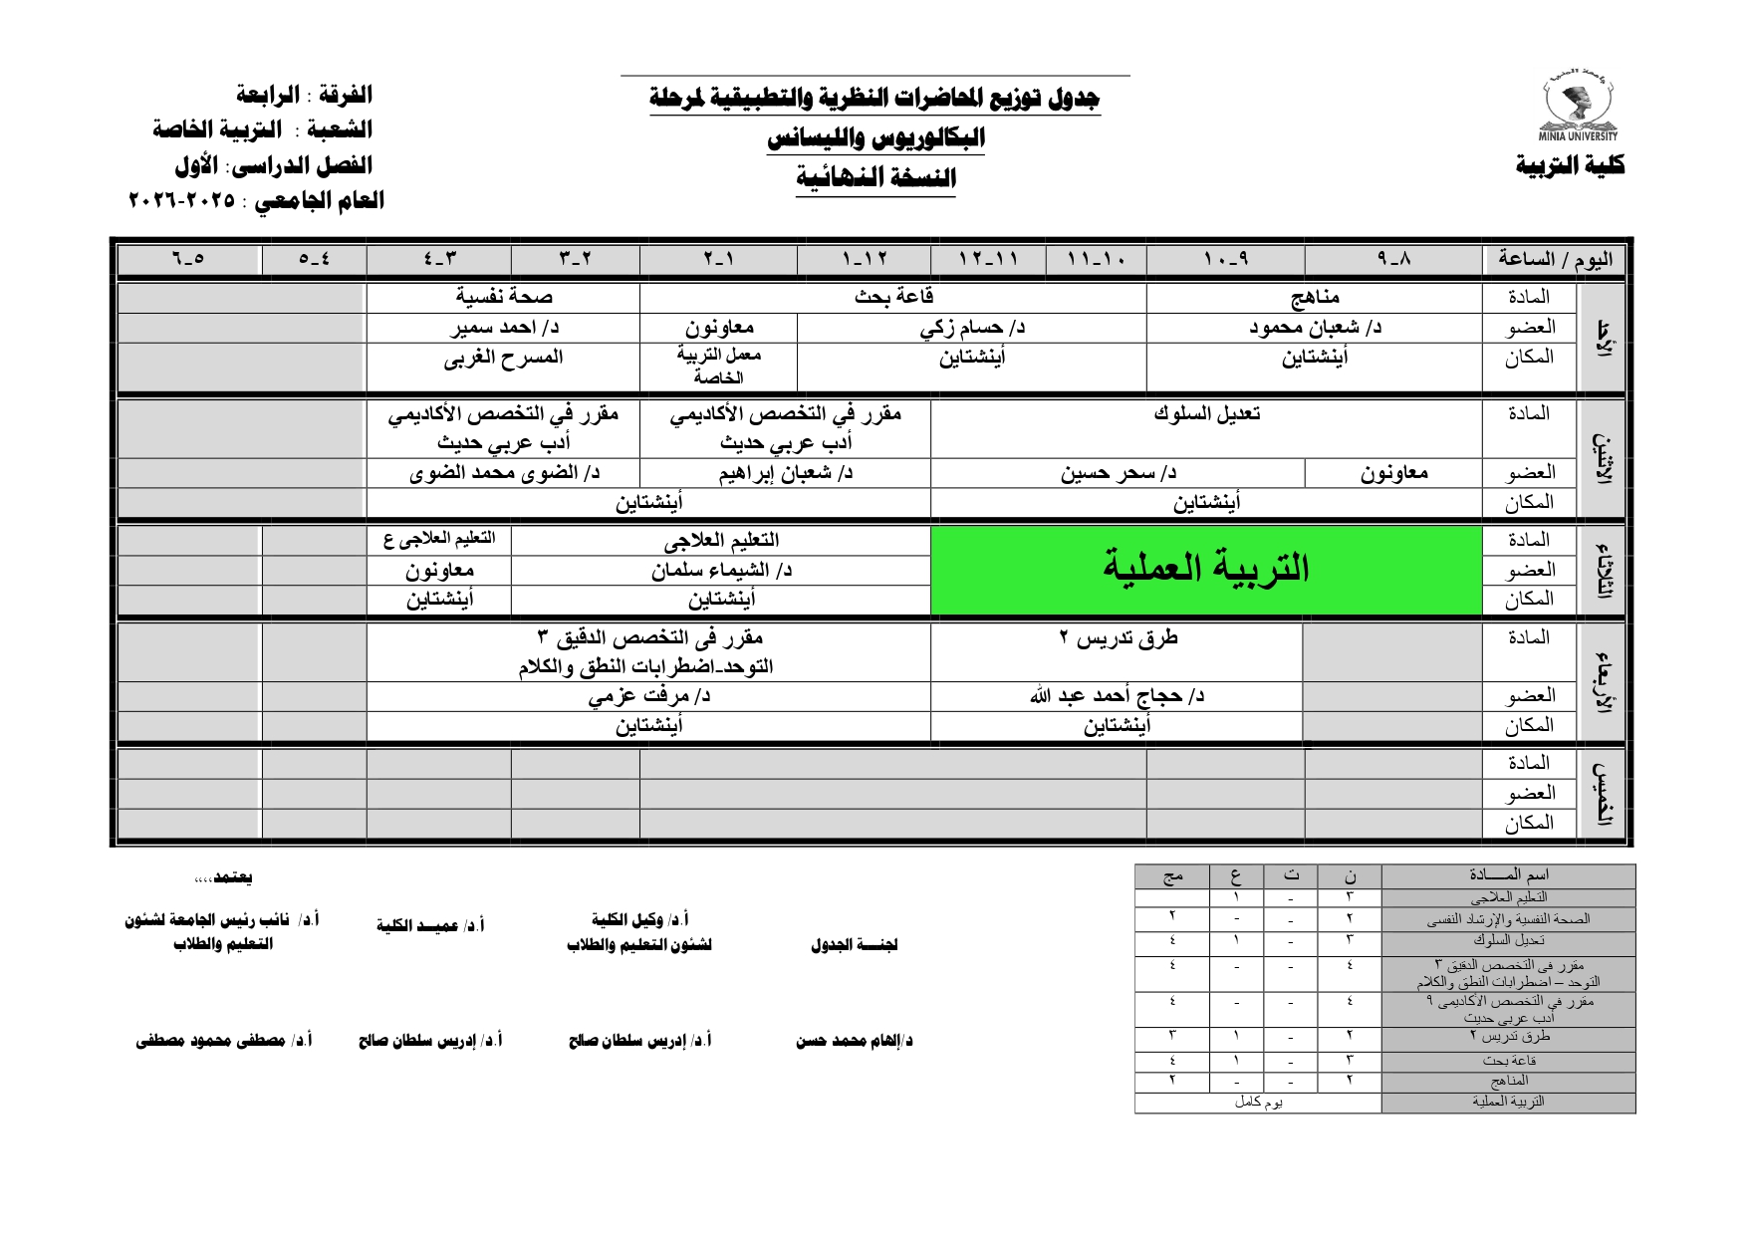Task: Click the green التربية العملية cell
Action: point(1205,569)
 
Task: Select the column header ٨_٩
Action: point(1393,259)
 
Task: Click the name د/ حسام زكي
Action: point(972,328)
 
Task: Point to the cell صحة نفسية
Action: point(504,297)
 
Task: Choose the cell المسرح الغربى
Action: point(504,358)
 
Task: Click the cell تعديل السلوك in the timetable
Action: point(1206,413)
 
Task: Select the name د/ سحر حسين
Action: point(1118,473)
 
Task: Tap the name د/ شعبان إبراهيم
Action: point(786,473)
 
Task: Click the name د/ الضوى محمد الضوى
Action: point(504,473)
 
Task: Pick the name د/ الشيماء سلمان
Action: point(721,571)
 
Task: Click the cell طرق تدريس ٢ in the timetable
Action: point(1118,638)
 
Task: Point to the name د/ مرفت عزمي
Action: point(648,696)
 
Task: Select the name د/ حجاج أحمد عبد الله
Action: point(1118,696)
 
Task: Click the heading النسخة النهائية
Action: point(875,178)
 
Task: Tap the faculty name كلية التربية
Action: point(1570,165)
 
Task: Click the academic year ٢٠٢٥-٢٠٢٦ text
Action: point(183,200)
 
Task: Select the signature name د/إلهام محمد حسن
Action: point(854,1041)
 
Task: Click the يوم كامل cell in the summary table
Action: point(1258,1103)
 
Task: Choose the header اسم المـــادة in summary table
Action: point(1508,875)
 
